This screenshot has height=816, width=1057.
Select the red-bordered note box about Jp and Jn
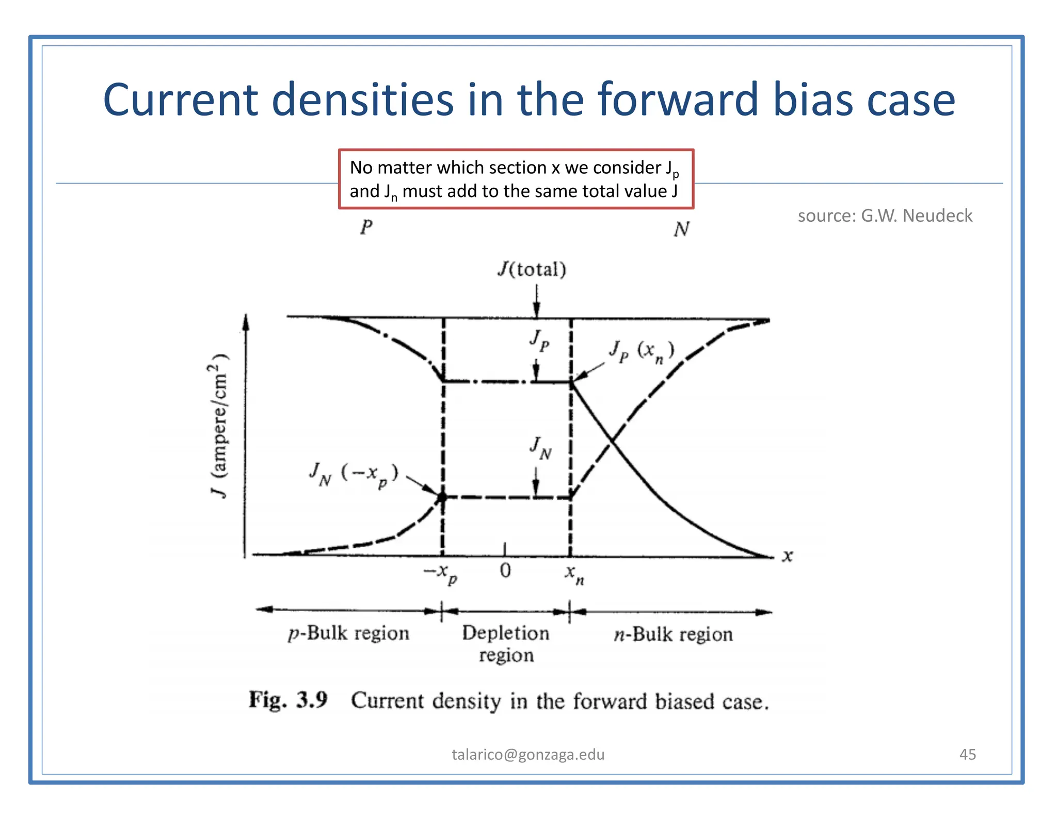pyautogui.click(x=516, y=179)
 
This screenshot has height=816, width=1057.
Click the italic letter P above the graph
pyautogui.click(x=366, y=226)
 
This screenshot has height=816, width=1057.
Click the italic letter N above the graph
pyautogui.click(x=681, y=229)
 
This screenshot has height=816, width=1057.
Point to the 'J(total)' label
pyautogui.click(x=532, y=269)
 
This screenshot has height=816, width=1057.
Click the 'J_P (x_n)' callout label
pyautogui.click(x=641, y=352)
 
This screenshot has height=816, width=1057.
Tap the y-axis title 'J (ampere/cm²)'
pyautogui.click(x=219, y=426)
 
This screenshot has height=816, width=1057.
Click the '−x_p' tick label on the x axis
pyautogui.click(x=440, y=573)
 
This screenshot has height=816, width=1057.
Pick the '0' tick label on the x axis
pyautogui.click(x=505, y=570)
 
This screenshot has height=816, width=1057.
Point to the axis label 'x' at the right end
pyautogui.click(x=787, y=556)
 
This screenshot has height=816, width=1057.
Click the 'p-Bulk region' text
pyautogui.click(x=349, y=633)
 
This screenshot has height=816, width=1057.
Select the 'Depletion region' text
pyautogui.click(x=506, y=643)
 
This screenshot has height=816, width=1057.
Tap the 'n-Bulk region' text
pyautogui.click(x=673, y=634)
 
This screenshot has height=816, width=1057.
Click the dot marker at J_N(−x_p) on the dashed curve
pyautogui.click(x=442, y=497)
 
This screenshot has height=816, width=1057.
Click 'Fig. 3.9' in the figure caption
pyautogui.click(x=288, y=700)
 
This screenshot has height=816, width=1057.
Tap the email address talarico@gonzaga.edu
pyautogui.click(x=528, y=755)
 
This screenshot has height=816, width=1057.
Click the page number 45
pyautogui.click(x=967, y=755)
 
